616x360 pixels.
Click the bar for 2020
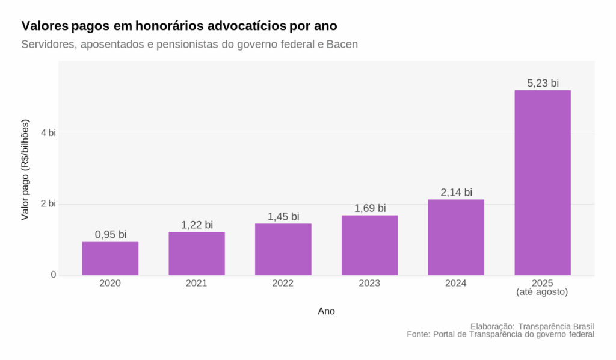pyautogui.click(x=110, y=258)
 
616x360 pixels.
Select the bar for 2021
pyautogui.click(x=197, y=253)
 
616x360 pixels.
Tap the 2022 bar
pyautogui.click(x=283, y=249)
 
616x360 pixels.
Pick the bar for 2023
pyautogui.click(x=369, y=245)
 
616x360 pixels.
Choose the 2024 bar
pyautogui.click(x=456, y=237)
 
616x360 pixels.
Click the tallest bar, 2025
pyautogui.click(x=543, y=182)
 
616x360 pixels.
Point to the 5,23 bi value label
pyautogui.click(x=543, y=84)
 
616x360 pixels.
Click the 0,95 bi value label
pyautogui.click(x=110, y=234)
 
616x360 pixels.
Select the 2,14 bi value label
pyautogui.click(x=456, y=192)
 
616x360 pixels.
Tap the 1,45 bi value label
pyautogui.click(x=283, y=216)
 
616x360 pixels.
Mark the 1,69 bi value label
pyautogui.click(x=369, y=208)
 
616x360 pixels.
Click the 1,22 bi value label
pyautogui.click(x=197, y=225)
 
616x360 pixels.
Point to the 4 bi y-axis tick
pyautogui.click(x=48, y=133)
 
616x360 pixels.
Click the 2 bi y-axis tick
pyautogui.click(x=48, y=204)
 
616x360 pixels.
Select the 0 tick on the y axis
pyautogui.click(x=53, y=275)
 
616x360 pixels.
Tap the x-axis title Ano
pyautogui.click(x=326, y=311)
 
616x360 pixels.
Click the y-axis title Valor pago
pyautogui.click(x=25, y=170)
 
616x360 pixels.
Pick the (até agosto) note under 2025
pyautogui.click(x=543, y=292)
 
